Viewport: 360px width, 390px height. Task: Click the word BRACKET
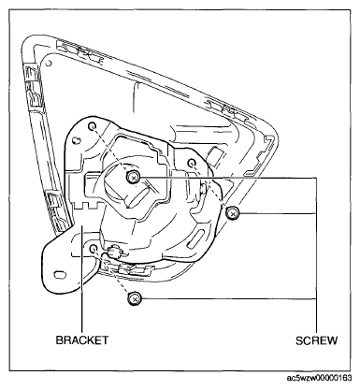click(82, 339)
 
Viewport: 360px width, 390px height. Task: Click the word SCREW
click(316, 340)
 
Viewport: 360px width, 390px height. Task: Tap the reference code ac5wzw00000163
click(319, 378)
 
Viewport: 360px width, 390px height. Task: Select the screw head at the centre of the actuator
click(134, 178)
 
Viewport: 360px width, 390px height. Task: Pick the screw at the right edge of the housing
click(232, 213)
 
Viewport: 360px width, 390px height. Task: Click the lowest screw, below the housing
click(134, 299)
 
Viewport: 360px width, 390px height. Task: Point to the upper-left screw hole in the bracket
click(93, 126)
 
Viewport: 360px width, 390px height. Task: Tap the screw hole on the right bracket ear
click(192, 163)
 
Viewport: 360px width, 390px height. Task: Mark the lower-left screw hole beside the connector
click(94, 249)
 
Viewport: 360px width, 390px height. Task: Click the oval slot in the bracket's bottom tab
click(60, 274)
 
